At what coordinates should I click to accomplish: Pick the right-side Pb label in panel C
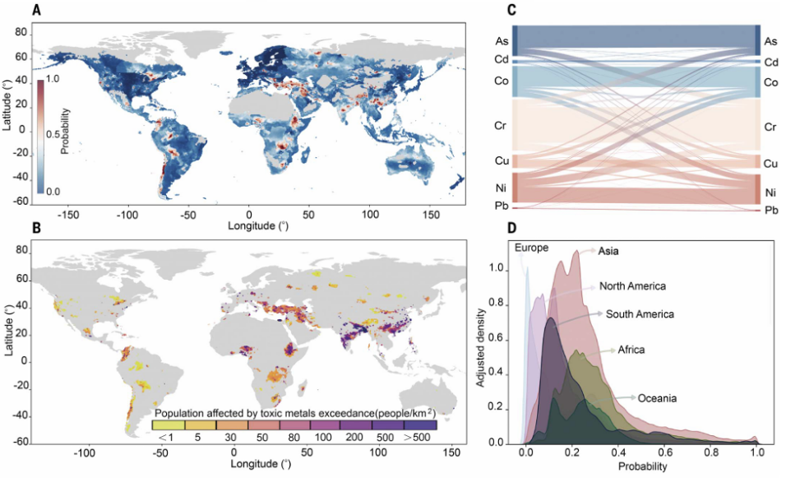pyautogui.click(x=771, y=211)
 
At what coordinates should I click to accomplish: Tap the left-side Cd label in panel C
pyautogui.click(x=500, y=59)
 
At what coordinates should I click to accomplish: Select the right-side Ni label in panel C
pyautogui.click(x=771, y=193)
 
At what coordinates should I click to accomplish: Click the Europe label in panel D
pyautogui.click(x=531, y=248)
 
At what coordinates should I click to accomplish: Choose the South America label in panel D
pyautogui.click(x=640, y=314)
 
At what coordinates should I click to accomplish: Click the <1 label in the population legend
pyautogui.click(x=164, y=438)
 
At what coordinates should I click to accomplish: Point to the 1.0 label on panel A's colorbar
pyautogui.click(x=53, y=81)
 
